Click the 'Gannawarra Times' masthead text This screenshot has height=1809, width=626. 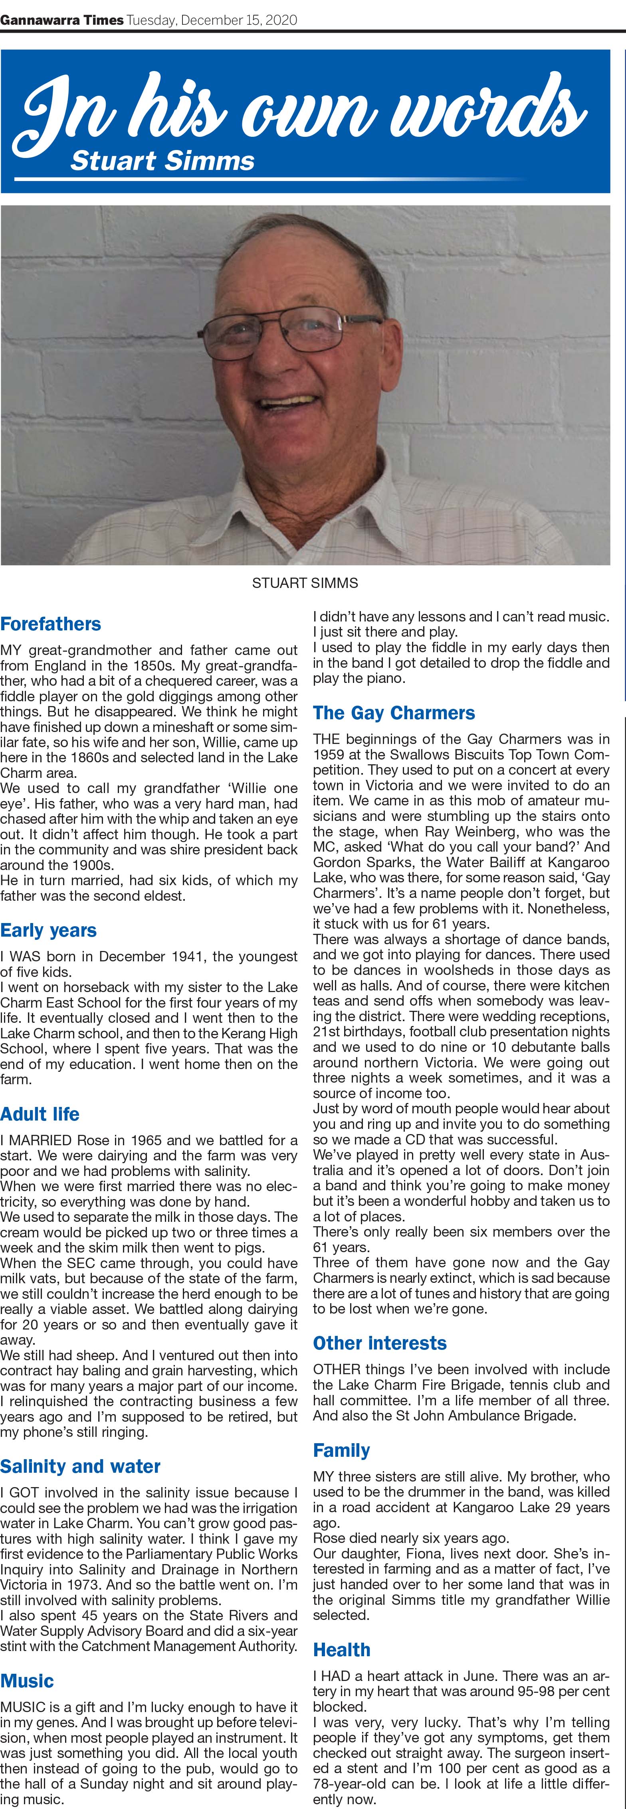coord(62,20)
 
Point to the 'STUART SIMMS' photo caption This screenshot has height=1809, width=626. coord(305,583)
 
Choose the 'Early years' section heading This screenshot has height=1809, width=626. coord(48,931)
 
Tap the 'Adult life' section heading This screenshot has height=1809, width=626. coord(40,1115)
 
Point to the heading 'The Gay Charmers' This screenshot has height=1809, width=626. coord(393,713)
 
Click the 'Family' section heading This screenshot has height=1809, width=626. coord(341,1450)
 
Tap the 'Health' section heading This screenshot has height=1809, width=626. coord(341,1649)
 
